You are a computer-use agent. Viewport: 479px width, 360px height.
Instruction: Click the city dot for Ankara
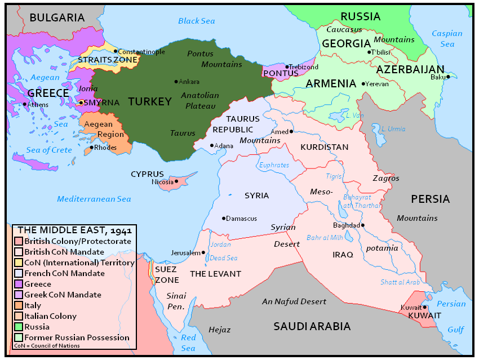176,82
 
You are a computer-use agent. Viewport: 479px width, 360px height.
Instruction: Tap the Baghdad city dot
363,225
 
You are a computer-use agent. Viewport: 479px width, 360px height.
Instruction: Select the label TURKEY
149,102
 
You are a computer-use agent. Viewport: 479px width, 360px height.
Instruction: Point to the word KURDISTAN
325,147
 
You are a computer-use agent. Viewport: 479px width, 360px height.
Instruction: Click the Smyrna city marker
81,103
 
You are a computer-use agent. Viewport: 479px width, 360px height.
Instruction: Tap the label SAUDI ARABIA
312,326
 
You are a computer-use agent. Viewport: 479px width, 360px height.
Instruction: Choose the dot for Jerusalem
203,252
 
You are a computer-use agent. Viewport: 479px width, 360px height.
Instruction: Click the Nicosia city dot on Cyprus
176,181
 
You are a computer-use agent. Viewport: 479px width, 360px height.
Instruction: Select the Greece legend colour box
18,285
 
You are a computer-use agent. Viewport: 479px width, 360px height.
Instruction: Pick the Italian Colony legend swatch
18,316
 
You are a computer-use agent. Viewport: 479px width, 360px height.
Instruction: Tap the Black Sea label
196,21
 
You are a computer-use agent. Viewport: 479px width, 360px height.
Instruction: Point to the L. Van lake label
354,115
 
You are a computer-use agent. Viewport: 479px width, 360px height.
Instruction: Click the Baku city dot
448,77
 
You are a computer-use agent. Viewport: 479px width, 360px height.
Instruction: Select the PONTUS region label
281,73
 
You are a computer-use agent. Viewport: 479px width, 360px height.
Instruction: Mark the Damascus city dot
224,219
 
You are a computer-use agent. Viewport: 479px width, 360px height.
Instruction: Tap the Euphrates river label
274,165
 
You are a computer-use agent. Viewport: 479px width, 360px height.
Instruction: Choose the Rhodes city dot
91,148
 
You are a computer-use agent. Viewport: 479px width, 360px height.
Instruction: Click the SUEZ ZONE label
167,274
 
